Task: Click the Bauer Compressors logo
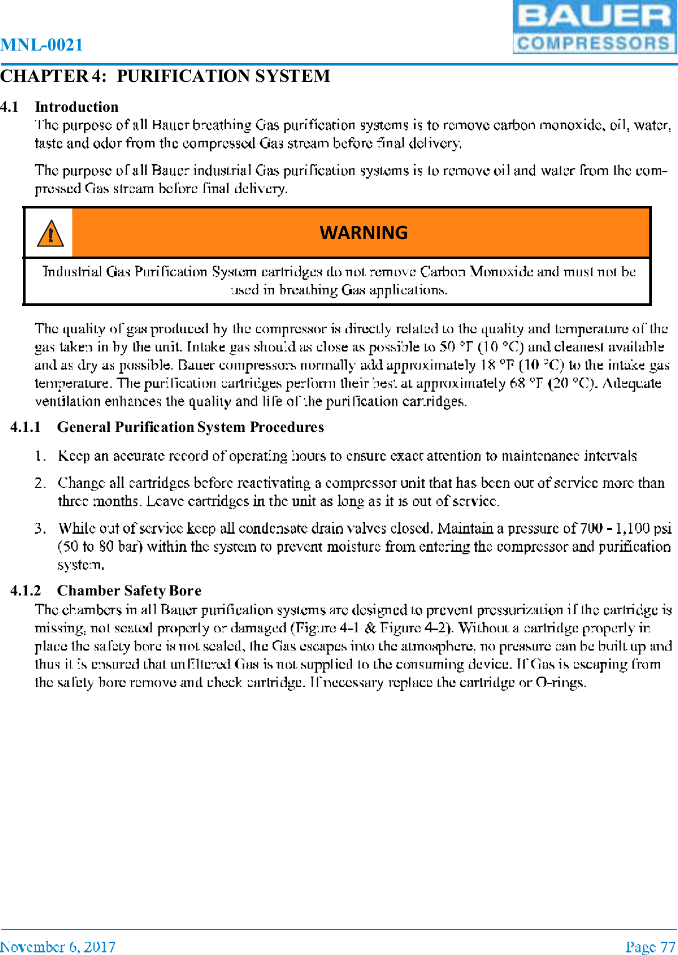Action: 594,27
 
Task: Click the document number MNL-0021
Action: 42,45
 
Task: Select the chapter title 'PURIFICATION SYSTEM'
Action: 223,76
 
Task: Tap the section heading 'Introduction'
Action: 77,107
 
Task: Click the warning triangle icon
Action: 50,233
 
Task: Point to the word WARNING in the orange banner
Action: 363,233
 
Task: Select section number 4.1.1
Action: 26,427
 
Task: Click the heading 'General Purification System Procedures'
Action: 190,427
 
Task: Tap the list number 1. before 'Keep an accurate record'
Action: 40,456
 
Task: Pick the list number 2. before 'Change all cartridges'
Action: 40,483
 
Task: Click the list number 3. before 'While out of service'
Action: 40,529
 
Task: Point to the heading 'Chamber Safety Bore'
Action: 129,590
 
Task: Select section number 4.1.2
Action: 26,590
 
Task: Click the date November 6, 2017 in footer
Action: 58,947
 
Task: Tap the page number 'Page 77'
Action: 651,947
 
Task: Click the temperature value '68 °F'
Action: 526,383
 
